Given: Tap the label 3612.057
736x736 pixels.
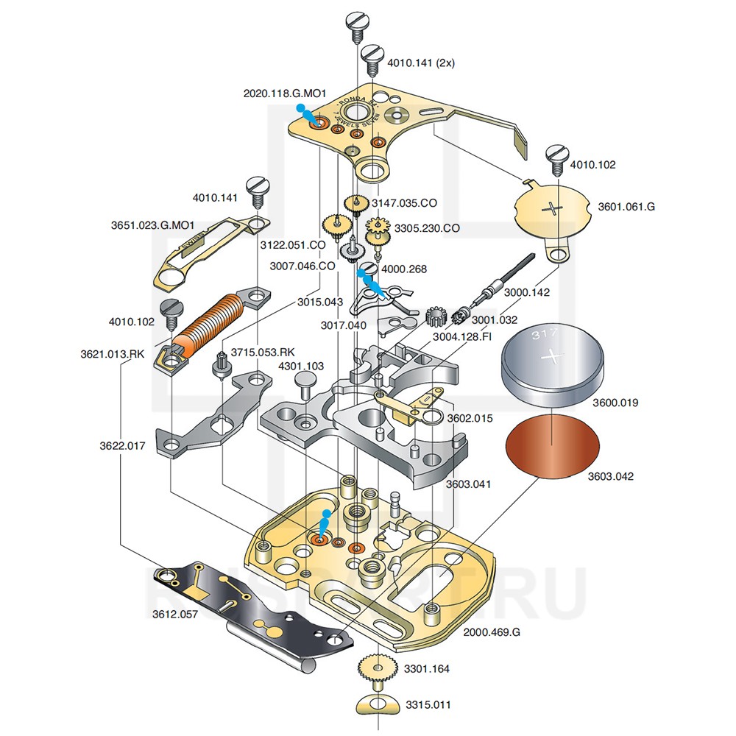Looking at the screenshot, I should tap(174, 614).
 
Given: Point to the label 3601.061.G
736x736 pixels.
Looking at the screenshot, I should tap(625, 207).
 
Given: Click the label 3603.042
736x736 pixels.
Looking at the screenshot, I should tap(610, 476).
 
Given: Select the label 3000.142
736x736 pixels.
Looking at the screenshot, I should tap(527, 292).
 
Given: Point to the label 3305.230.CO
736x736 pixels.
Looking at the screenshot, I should tap(427, 228).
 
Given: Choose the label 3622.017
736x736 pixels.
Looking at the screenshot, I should tap(123, 445).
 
